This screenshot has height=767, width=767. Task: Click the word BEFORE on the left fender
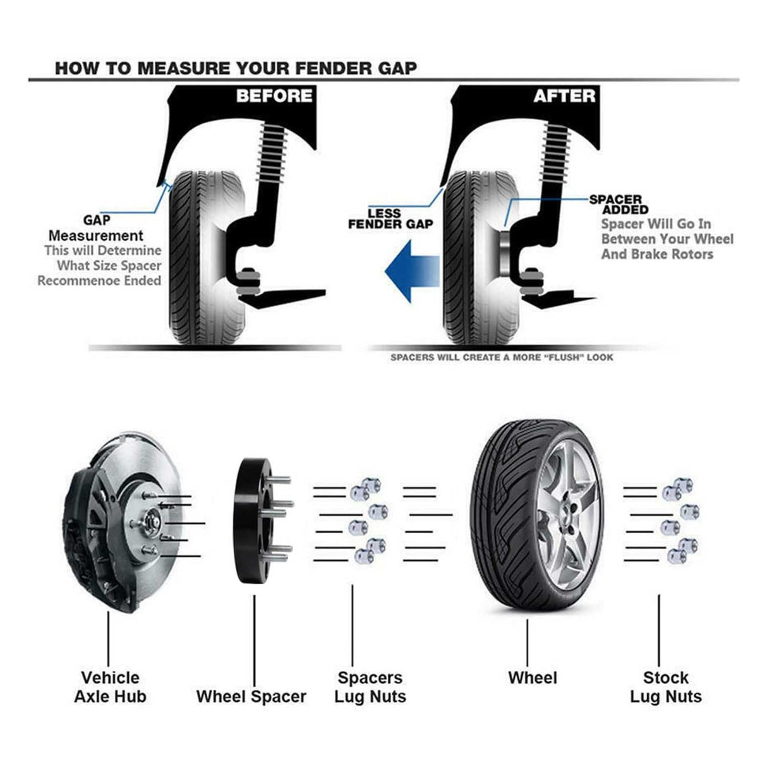coord(274,96)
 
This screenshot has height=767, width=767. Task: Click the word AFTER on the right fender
coord(564,96)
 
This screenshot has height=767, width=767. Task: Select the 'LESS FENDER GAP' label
coord(390,219)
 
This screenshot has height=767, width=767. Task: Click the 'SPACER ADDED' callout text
coord(617,204)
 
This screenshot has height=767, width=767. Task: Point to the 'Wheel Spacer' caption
coord(251,696)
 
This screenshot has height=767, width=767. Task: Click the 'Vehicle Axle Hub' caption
coord(110,687)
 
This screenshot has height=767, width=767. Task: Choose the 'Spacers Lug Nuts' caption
coord(370,687)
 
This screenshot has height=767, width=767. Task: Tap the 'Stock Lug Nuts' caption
coord(665,687)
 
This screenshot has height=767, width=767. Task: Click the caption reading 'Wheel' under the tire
coord(532,678)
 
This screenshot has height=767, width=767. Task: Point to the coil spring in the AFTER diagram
coord(556,152)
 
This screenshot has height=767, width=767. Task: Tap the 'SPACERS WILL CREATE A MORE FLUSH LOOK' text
coord(502,358)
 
